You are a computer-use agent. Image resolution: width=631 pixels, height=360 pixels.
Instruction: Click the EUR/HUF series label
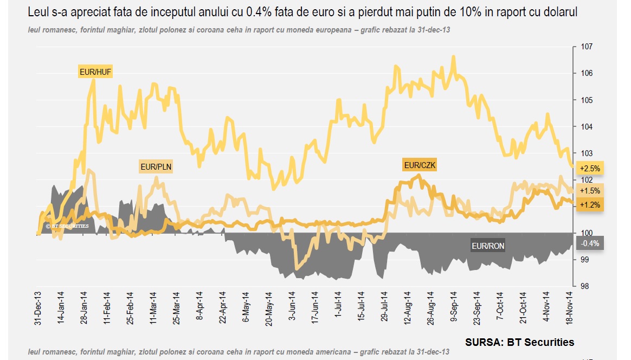point(95,72)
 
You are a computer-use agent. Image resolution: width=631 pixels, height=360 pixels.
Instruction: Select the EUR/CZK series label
point(420,165)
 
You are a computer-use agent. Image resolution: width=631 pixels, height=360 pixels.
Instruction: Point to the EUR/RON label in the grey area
point(488,246)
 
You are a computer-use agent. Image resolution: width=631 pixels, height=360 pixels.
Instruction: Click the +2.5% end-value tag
point(590,169)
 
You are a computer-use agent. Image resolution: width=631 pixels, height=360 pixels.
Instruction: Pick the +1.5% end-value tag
point(590,191)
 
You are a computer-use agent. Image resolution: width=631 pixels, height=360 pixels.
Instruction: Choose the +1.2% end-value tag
point(590,205)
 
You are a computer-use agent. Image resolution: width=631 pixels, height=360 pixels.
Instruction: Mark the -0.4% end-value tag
point(590,243)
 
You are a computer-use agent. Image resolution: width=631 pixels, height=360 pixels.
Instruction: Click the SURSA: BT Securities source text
point(519,342)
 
